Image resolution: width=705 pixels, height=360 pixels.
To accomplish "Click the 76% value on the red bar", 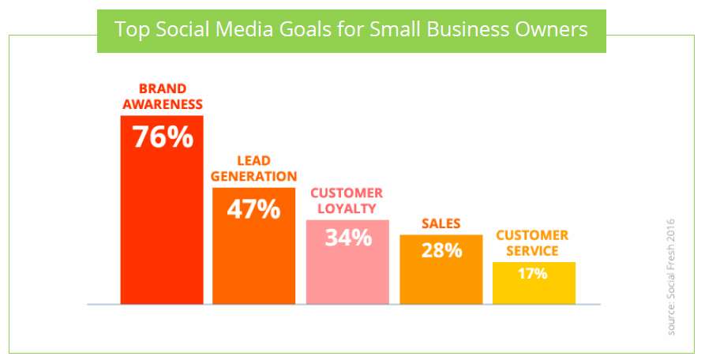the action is [x=163, y=137].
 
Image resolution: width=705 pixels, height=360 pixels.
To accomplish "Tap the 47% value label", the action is [x=253, y=209].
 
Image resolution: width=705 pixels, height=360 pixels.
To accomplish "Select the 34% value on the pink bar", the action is [x=348, y=238].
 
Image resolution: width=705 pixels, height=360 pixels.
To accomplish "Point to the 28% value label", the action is [x=441, y=250].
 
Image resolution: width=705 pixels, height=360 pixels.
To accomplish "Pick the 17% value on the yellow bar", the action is [x=532, y=273].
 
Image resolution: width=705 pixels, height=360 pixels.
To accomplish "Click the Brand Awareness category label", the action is [x=163, y=96].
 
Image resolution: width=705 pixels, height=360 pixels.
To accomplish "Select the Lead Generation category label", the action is [x=253, y=168].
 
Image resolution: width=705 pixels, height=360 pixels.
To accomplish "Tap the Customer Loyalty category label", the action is [x=347, y=201].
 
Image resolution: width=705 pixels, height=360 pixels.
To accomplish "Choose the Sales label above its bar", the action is [x=441, y=223].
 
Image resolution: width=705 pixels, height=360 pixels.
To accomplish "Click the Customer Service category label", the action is [x=532, y=242].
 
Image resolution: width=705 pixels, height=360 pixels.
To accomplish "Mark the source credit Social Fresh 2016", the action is [x=671, y=277].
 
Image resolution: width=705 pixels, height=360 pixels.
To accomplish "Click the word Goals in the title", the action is [x=306, y=30].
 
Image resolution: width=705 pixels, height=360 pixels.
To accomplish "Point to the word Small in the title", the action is [x=396, y=30].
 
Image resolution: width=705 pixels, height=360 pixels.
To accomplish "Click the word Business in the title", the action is [x=467, y=30].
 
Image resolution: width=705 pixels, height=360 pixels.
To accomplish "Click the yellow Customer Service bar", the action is [x=534, y=283].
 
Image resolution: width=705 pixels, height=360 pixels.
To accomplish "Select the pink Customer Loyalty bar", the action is [x=347, y=262].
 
